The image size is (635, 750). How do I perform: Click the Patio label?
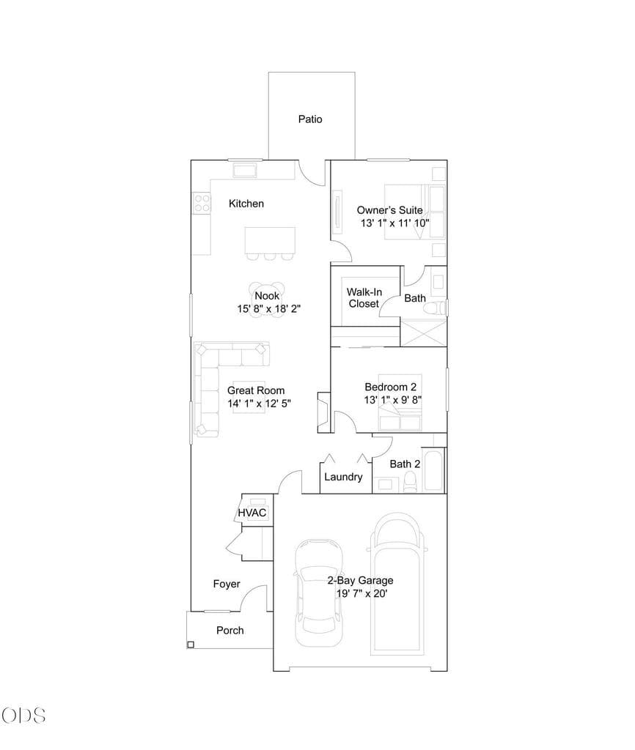(310, 119)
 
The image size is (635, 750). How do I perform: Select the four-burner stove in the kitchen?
(202, 203)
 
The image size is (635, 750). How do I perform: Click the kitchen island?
(270, 240)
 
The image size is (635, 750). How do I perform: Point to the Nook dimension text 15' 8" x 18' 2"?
(268, 308)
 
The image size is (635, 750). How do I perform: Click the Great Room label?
(256, 390)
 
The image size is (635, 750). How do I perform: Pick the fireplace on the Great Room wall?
(324, 412)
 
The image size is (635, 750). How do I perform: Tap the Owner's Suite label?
(389, 210)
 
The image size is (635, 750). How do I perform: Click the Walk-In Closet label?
(364, 297)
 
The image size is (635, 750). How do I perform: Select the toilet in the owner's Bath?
(437, 308)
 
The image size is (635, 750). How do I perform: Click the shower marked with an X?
(423, 333)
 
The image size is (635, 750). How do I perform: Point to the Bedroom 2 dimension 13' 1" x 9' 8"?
(393, 400)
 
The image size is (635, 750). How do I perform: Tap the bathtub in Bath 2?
(433, 469)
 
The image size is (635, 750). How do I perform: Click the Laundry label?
(343, 477)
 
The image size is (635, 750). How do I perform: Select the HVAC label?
(252, 513)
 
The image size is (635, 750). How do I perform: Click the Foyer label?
(227, 584)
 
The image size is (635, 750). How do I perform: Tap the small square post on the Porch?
(191, 645)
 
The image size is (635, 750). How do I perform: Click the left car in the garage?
(319, 593)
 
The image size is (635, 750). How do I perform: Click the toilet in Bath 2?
(411, 481)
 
